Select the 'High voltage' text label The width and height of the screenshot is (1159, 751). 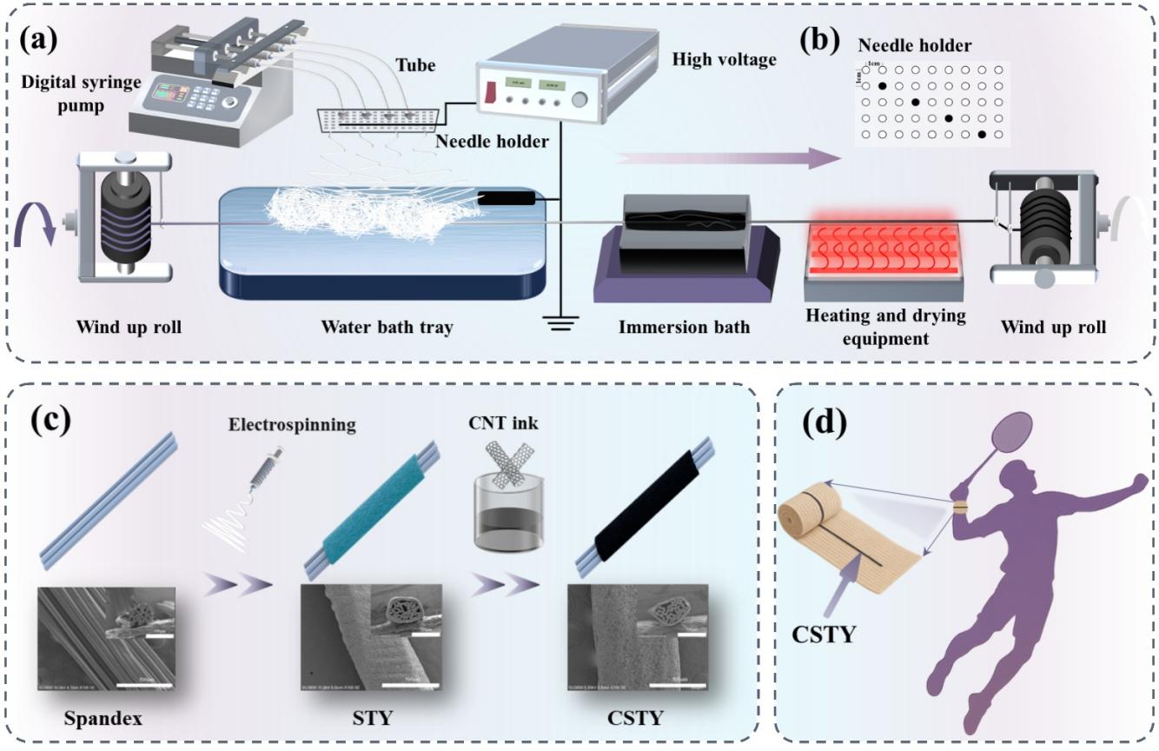tap(722, 60)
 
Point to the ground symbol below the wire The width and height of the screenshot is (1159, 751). tap(560, 322)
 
